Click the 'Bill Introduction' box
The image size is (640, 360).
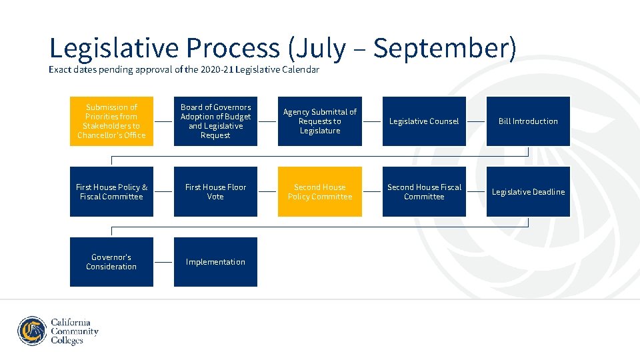tap(528, 121)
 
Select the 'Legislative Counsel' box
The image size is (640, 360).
tap(424, 121)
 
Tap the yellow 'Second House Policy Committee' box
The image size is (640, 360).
tap(320, 192)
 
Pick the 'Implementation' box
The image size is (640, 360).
tap(215, 262)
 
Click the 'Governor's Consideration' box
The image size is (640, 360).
tap(111, 262)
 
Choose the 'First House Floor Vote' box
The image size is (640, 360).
tap(215, 192)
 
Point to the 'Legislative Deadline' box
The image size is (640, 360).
tap(528, 192)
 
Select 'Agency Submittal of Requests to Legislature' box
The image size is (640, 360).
tap(320, 121)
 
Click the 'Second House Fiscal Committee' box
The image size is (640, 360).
tap(424, 192)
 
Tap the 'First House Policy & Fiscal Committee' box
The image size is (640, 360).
tap(111, 192)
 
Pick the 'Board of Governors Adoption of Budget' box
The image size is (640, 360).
tap(215, 121)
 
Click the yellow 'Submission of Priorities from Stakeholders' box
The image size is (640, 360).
tap(111, 121)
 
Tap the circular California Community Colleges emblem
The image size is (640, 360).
tap(32, 331)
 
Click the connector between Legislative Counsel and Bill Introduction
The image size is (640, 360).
tap(476, 121)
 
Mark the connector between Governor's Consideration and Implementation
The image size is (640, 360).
tap(163, 262)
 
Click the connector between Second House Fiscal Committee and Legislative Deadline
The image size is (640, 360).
tap(476, 192)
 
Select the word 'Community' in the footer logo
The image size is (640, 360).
tap(75, 331)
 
